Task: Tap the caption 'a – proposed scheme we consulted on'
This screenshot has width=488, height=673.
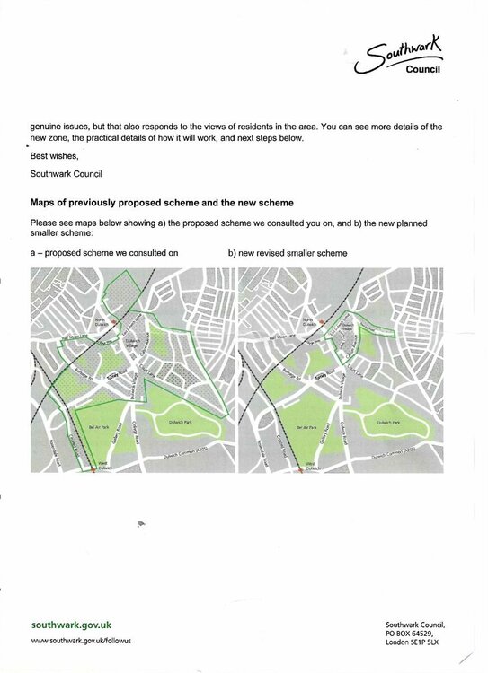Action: (x=104, y=253)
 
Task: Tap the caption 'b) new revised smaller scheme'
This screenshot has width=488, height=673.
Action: (x=288, y=253)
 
